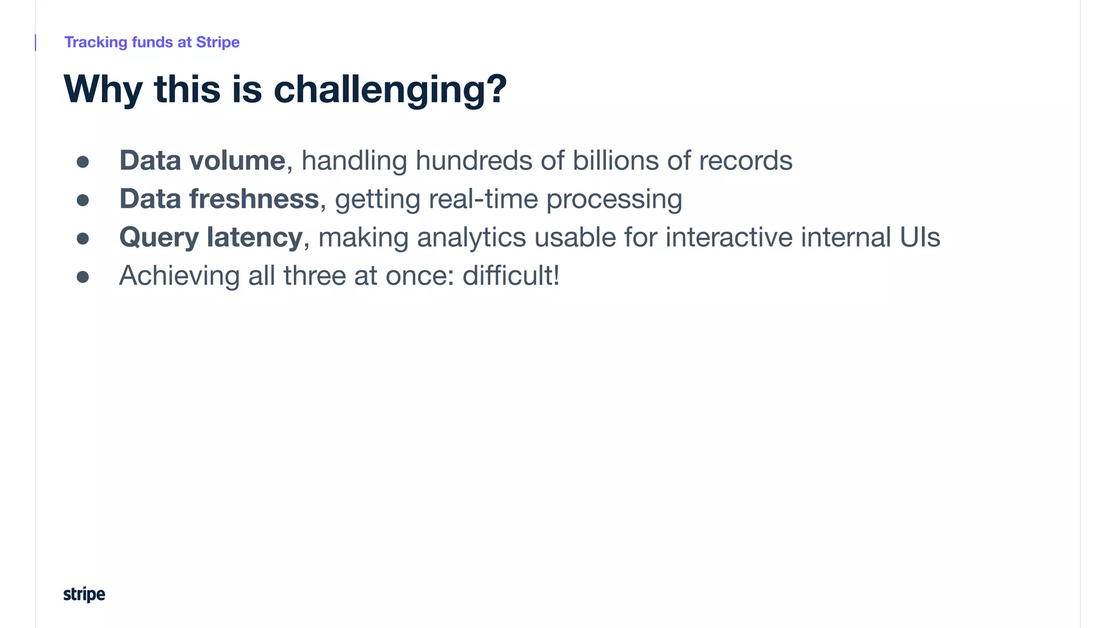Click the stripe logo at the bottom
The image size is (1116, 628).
84,594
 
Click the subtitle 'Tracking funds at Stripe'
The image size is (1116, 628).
152,43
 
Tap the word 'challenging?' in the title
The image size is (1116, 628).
390,90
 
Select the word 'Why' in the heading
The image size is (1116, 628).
103,90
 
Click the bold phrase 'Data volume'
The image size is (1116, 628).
202,161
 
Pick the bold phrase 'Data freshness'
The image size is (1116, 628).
219,199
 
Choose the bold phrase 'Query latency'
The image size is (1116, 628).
211,238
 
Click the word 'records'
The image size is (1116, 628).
745,161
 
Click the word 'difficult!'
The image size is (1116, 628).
511,276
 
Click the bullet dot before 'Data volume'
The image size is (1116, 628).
83,162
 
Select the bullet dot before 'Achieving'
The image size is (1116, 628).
83,277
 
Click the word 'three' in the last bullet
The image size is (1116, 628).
314,276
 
